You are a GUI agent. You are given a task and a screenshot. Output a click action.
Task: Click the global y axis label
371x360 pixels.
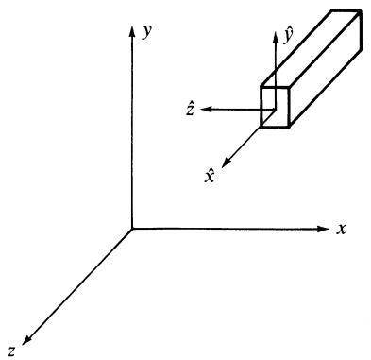[147, 32]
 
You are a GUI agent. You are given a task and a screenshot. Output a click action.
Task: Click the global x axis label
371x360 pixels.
[341, 230]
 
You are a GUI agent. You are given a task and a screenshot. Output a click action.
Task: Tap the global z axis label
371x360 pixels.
[12, 351]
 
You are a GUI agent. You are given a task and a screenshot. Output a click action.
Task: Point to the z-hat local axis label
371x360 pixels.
[190, 109]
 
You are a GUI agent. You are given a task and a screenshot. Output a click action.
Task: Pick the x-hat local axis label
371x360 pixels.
[210, 176]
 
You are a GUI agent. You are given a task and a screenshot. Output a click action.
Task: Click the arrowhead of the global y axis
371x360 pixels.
[132, 31]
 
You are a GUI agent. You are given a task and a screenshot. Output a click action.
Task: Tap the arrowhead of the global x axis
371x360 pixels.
[323, 229]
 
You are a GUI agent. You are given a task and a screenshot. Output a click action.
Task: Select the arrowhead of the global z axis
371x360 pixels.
[27, 339]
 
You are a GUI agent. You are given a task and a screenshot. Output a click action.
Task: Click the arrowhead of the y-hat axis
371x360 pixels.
[276, 37]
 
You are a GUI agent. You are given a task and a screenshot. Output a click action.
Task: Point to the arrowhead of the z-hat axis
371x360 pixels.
[206, 110]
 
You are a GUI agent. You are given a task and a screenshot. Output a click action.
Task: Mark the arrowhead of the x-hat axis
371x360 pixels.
[227, 163]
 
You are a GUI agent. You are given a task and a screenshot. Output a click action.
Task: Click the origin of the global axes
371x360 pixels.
[132, 228]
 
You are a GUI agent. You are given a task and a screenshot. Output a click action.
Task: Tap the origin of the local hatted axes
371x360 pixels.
[275, 110]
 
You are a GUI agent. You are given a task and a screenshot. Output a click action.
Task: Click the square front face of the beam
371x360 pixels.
[275, 107]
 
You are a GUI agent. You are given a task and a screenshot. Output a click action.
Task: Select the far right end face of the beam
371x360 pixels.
[362, 30]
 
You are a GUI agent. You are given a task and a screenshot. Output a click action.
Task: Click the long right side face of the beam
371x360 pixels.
[325, 69]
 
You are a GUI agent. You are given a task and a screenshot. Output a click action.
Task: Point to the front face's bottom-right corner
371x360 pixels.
[288, 128]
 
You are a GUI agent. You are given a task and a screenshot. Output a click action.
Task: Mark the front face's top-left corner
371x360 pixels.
[261, 87]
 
